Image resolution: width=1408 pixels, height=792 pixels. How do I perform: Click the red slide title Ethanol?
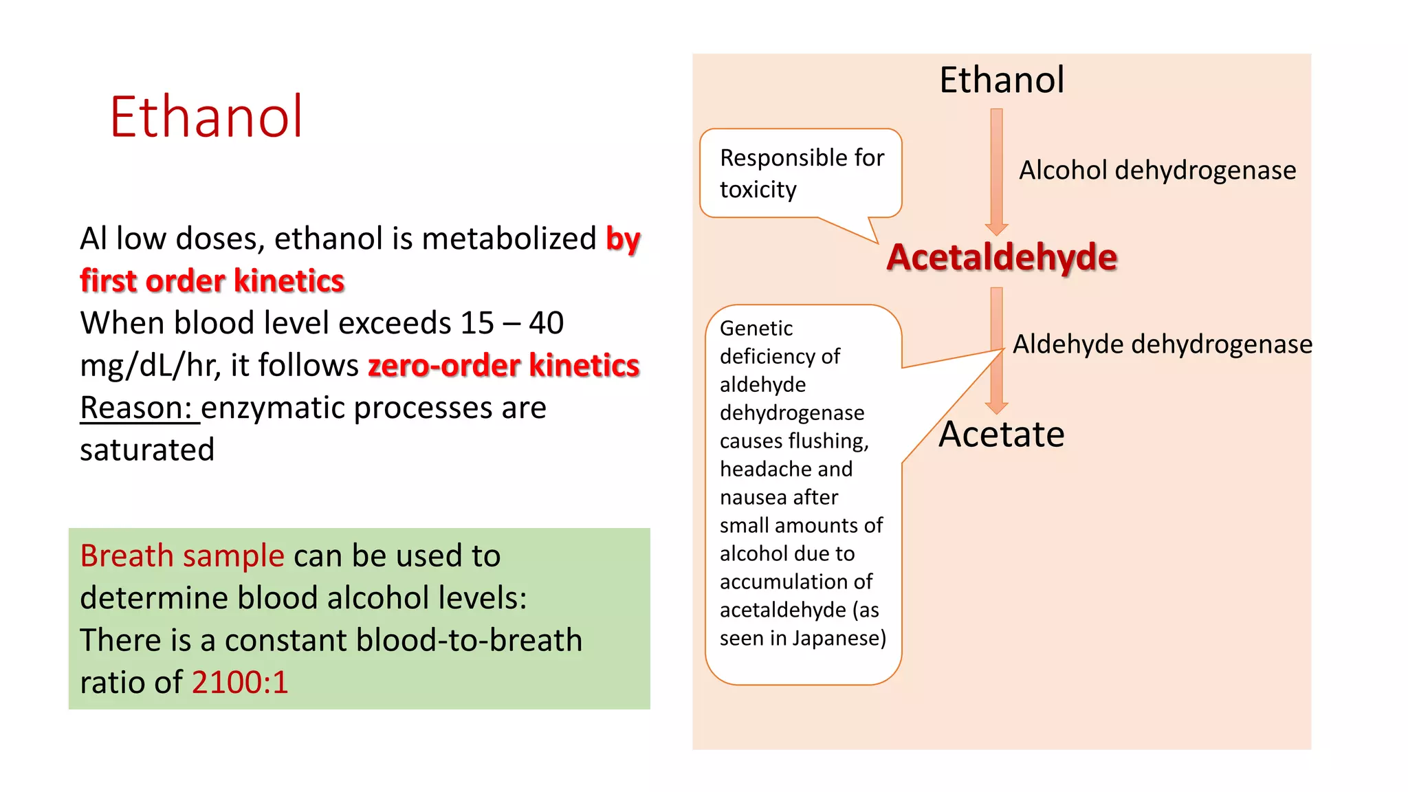tap(206, 117)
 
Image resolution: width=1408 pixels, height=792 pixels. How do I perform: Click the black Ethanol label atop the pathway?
tap(1001, 80)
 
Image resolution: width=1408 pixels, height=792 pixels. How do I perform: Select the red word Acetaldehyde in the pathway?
tap(1001, 257)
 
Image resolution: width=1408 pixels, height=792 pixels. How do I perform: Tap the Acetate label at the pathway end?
tap(1001, 434)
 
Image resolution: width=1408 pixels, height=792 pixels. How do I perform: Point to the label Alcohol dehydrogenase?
tap(1157, 170)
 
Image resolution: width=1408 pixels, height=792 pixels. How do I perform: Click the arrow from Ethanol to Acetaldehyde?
tap(996, 172)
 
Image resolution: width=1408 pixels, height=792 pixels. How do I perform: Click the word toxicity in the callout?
tap(758, 189)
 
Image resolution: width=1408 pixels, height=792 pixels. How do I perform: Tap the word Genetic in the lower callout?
tap(756, 329)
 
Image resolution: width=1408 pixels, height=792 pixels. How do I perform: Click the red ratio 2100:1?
tap(240, 683)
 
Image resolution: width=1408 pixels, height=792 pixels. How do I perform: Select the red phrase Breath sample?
tap(181, 555)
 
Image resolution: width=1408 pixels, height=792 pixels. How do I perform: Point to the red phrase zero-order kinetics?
tap(503, 365)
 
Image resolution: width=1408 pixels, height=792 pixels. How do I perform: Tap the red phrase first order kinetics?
tap(212, 280)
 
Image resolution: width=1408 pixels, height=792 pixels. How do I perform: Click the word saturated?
tap(147, 450)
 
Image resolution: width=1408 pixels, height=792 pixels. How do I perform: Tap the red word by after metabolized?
tap(623, 239)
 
